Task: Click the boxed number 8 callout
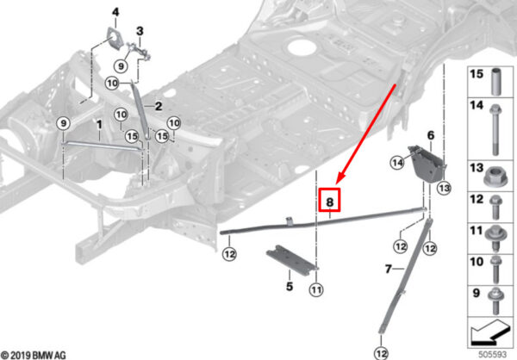pos(331,201)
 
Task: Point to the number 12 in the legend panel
pos(477,200)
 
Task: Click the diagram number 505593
pos(494,351)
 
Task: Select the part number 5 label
pos(290,285)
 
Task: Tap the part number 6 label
pos(430,135)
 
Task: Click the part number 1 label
pos(99,126)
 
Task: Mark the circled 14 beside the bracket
pos(398,162)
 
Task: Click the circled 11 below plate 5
pos(317,289)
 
